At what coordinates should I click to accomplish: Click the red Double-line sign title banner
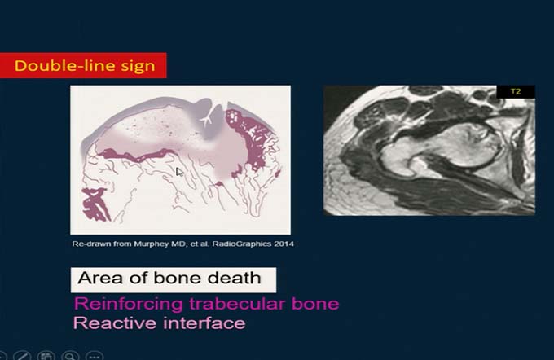pos(83,65)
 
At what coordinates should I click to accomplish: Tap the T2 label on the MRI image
pos(516,91)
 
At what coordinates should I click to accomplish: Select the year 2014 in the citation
pos(284,244)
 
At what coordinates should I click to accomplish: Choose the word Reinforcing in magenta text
pos(129,304)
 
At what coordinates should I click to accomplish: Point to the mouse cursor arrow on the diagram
pos(179,172)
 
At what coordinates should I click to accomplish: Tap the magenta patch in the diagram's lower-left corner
pos(95,204)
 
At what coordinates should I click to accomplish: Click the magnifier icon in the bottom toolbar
pos(70,356)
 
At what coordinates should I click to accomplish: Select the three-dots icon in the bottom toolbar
pos(95,356)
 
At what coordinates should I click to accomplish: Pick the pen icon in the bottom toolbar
pos(22,356)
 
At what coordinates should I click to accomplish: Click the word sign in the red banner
pos(138,67)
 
